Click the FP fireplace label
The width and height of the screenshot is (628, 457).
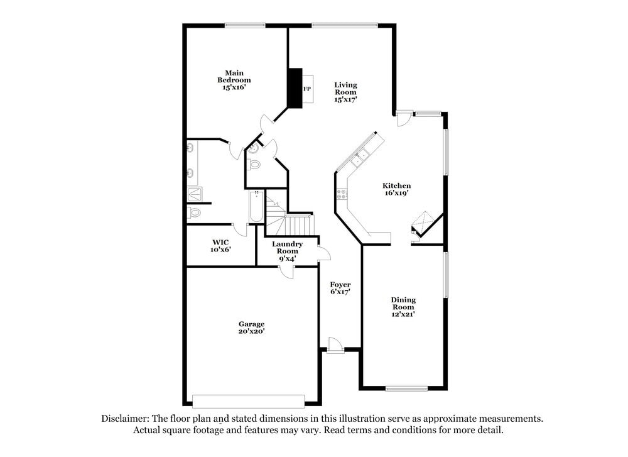click(x=307, y=89)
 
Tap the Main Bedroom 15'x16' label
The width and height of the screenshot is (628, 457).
click(x=234, y=80)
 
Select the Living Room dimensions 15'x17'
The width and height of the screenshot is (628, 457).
click(x=345, y=100)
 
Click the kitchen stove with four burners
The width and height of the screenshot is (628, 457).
click(x=342, y=194)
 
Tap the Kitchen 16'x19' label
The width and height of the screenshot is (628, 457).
click(x=397, y=189)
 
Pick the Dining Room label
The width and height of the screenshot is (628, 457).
click(x=403, y=304)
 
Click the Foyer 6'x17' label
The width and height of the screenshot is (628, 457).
click(x=340, y=288)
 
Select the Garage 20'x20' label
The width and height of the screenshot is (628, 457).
click(x=251, y=328)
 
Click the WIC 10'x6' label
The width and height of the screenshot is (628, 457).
click(x=220, y=246)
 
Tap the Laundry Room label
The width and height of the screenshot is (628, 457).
click(x=288, y=248)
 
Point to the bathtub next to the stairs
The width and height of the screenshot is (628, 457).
click(x=256, y=207)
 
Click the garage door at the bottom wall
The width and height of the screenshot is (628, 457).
click(x=249, y=400)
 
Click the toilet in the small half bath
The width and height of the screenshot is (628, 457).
click(x=254, y=165)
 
